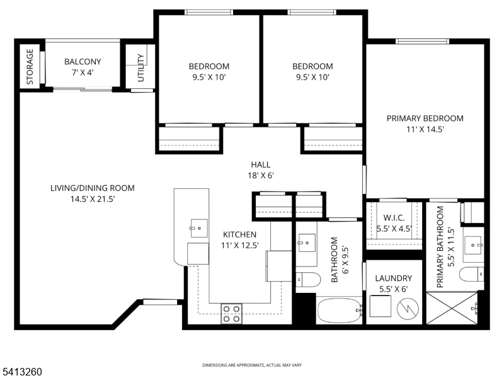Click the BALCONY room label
[83, 62]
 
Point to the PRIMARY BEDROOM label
[425, 118]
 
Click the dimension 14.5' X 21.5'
[92, 198]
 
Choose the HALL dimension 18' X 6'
[260, 176]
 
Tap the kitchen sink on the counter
[198, 226]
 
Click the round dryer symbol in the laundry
[408, 308]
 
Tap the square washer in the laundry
[381, 308]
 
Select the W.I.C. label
[393, 218]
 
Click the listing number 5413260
[21, 372]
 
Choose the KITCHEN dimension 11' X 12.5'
[239, 245]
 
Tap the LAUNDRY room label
[393, 278]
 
